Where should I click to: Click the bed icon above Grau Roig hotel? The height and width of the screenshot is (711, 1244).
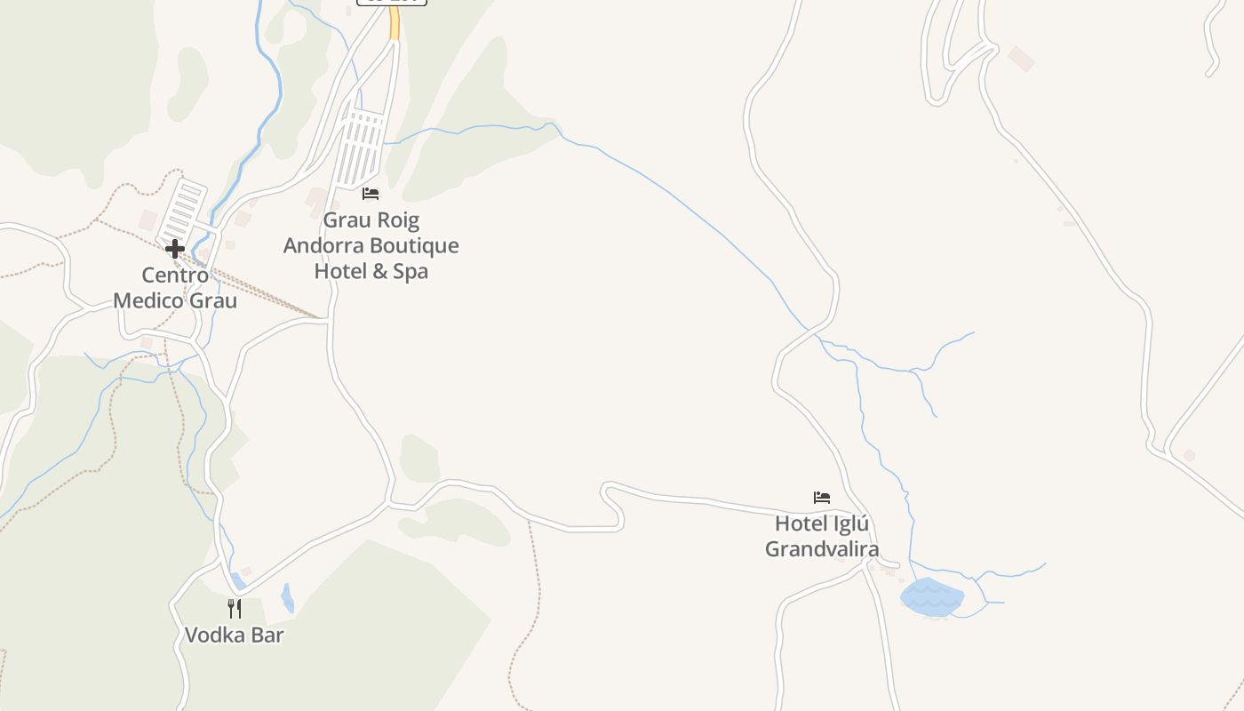[x=371, y=193]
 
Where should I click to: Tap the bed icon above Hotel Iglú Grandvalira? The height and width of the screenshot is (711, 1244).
[x=822, y=497]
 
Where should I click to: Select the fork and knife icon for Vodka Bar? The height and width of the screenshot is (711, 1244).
[x=235, y=609]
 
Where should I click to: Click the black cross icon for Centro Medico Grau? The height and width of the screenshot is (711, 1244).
[x=175, y=248]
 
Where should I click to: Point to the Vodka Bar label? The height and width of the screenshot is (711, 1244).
[x=235, y=635]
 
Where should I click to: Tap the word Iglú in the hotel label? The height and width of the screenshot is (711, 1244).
[x=849, y=523]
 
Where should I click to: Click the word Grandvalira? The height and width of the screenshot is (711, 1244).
[x=822, y=549]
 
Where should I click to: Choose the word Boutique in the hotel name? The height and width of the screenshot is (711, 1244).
[x=416, y=245]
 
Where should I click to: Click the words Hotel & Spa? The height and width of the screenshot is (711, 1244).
[x=371, y=271]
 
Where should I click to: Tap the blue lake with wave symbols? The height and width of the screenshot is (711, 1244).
[x=931, y=597]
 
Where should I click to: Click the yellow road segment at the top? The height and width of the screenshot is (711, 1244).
[x=394, y=25]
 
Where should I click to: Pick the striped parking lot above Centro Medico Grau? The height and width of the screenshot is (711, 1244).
[x=183, y=209]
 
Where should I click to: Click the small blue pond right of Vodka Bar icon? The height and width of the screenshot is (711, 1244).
[x=287, y=597]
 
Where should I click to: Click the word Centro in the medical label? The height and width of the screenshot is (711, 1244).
[x=175, y=276]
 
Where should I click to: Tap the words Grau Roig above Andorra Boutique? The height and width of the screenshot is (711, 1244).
[x=371, y=220]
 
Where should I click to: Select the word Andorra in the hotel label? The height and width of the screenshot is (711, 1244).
[x=324, y=245]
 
